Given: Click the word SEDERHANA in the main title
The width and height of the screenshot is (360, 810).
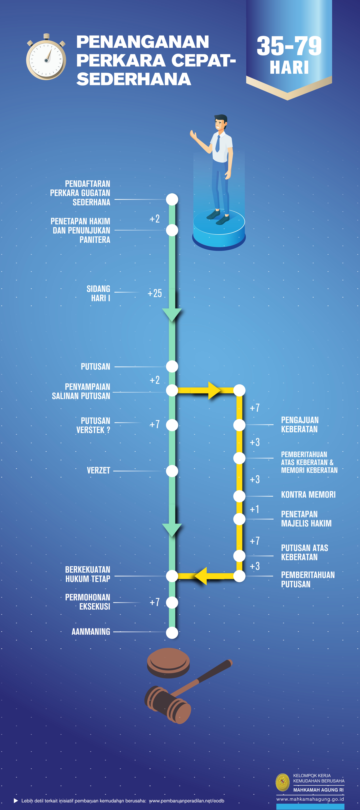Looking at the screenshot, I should pyautogui.click(x=134, y=79).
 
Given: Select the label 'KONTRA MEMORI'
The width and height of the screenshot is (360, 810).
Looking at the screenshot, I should pyautogui.click(x=308, y=495).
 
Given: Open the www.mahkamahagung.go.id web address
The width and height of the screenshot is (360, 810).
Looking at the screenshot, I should pyautogui.click(x=310, y=799).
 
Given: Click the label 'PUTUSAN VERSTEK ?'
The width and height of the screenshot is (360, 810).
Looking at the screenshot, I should pyautogui.click(x=93, y=425).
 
